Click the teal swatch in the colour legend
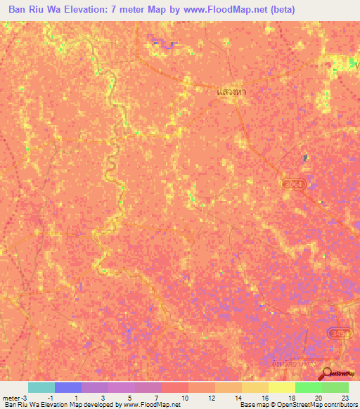tap(41, 387)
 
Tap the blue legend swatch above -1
tap(68, 387)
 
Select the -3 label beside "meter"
tap(24, 398)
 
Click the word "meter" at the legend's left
tap(11, 398)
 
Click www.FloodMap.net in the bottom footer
tap(151, 405)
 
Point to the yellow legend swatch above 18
tap(281, 387)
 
